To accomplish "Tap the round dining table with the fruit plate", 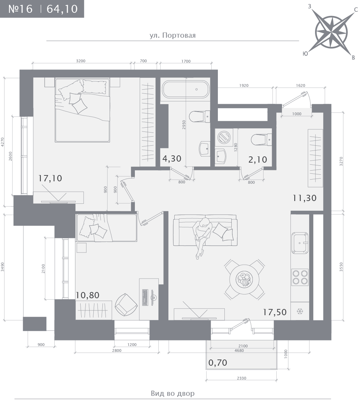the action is tap(244, 279).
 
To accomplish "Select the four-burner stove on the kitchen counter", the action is tap(300, 277).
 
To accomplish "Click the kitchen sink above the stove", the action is tap(300, 243).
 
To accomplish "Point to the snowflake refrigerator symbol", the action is tap(299, 311).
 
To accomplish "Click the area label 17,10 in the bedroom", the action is tap(50, 178).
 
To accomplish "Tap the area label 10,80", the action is tap(87, 295).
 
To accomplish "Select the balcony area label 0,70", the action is tap(218, 363).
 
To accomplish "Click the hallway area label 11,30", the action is tap(305, 198).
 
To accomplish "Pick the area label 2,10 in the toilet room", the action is tap(258, 160).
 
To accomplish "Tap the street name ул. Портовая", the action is tap(173, 35).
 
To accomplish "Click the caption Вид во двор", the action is tap(173, 393).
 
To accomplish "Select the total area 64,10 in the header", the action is tap(62, 9).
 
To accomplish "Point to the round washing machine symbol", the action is tap(224, 137).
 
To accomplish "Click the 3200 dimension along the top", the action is tap(81, 61).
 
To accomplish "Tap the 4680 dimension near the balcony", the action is tap(239, 350).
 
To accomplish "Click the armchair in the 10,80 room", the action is tap(126, 304).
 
